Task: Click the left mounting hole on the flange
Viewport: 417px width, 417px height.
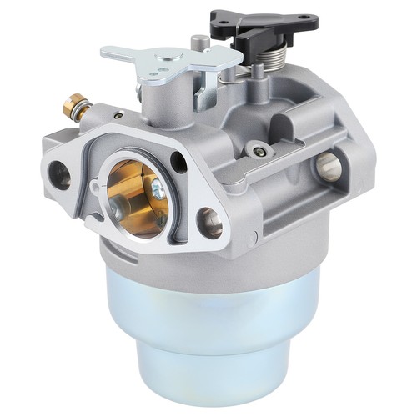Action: (x=61, y=173)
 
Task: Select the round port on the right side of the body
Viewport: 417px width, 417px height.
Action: (x=328, y=167)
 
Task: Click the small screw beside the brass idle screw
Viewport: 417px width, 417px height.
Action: (x=118, y=115)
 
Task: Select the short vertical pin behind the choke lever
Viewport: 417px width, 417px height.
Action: (x=194, y=41)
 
